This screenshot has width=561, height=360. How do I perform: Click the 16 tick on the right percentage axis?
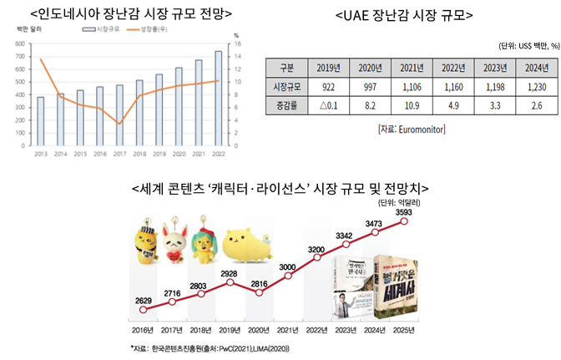tap(238, 43)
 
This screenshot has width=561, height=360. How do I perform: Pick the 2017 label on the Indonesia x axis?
tap(119, 155)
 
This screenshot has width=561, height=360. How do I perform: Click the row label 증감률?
tap(286, 106)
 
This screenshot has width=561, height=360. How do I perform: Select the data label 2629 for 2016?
tap(144, 299)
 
